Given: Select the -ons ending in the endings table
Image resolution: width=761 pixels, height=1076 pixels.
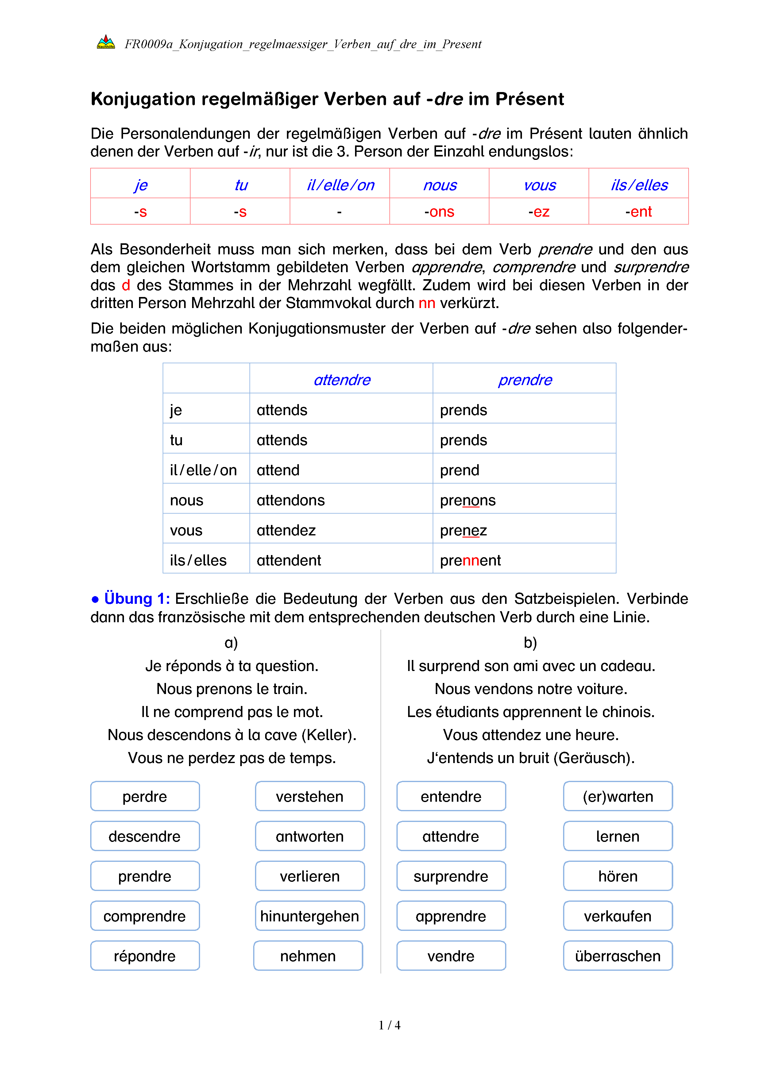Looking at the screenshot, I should [x=439, y=212].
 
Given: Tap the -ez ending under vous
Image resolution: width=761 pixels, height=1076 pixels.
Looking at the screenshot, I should [x=539, y=212].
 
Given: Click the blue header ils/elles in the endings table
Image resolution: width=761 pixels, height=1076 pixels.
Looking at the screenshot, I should [x=639, y=185].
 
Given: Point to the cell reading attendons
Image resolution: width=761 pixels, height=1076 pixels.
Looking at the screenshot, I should [x=291, y=500].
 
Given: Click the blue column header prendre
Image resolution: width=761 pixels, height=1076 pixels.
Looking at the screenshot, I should [x=525, y=380].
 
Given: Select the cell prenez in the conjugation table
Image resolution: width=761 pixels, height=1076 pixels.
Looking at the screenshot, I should [x=463, y=530].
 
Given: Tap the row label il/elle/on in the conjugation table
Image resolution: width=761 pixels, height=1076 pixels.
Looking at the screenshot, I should [x=203, y=470].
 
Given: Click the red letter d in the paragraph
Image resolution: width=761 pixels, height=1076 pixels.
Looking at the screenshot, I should [x=126, y=285].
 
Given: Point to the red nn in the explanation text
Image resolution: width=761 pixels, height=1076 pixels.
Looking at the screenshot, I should [x=427, y=303].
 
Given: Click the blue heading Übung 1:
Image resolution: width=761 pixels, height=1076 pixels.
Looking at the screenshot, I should [x=137, y=599].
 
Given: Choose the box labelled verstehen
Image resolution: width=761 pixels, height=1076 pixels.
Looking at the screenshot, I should [x=310, y=797].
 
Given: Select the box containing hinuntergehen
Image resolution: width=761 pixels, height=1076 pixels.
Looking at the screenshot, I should [x=310, y=916].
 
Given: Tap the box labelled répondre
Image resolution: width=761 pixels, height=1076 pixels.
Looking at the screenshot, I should [x=145, y=956].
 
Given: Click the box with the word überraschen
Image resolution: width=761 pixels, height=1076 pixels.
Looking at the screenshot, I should [x=618, y=956].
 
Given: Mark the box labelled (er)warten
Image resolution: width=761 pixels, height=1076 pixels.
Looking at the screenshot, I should [x=618, y=797].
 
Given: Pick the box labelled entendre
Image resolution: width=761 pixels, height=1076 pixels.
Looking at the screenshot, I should [x=451, y=797].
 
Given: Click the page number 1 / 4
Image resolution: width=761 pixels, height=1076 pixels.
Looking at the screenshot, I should [x=389, y=1025].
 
